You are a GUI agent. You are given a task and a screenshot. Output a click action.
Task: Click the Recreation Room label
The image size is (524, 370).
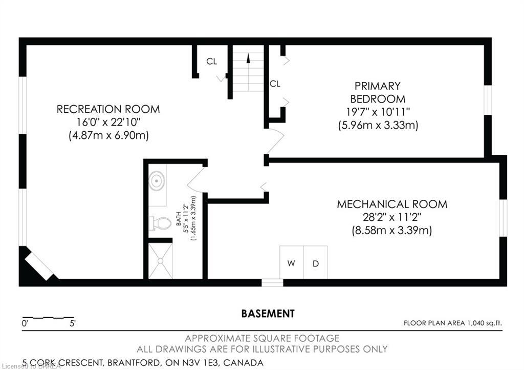click(x=108, y=109)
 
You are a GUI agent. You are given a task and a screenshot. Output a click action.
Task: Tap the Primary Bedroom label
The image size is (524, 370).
click(x=378, y=92)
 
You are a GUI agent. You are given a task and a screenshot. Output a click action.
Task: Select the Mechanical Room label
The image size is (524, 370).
click(x=391, y=204)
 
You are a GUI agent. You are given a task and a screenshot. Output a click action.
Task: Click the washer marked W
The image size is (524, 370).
click(x=291, y=263)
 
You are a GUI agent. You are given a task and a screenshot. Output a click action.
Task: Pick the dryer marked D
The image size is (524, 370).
click(x=316, y=263)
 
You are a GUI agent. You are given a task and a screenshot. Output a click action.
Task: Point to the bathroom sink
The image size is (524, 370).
click(x=157, y=181)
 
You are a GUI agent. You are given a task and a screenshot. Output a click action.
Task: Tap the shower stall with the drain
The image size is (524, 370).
click(x=160, y=260)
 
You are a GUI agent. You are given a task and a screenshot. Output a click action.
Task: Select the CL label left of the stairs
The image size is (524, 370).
click(x=212, y=61)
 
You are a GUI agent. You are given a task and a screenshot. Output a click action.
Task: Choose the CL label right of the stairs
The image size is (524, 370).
click(x=275, y=84)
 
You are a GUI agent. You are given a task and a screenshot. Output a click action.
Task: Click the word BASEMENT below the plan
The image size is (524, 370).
click(x=268, y=313)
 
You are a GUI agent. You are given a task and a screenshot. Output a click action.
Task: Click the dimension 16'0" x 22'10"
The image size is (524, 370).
click(x=107, y=122)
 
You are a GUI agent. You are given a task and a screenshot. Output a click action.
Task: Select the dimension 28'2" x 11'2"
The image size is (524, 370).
click(x=391, y=217)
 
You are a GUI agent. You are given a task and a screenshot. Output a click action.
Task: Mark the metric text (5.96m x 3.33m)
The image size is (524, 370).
click(x=378, y=125)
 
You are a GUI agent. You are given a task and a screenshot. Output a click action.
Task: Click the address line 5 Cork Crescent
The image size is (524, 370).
click(x=143, y=363)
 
